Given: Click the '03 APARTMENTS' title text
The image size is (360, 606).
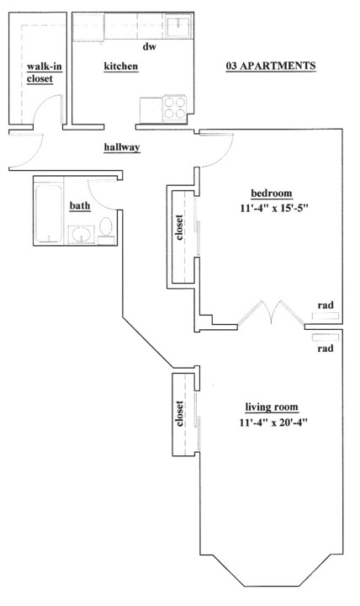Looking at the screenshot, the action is [271, 66].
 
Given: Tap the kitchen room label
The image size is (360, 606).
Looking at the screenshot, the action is [121, 66].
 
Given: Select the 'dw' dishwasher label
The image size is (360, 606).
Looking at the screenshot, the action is [150, 47].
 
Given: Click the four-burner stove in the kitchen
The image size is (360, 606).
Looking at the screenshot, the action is [175, 108].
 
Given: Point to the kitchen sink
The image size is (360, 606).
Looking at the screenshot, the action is [177, 25].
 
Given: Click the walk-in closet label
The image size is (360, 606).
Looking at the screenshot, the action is [44, 72].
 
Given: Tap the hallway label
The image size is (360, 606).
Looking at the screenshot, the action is [122, 147].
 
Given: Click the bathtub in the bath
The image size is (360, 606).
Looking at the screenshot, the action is [49, 213].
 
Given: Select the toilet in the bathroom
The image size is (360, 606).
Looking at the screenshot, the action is [106, 228].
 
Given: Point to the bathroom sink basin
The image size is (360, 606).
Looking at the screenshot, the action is [82, 234].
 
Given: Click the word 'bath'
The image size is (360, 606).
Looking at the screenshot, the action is [80, 205].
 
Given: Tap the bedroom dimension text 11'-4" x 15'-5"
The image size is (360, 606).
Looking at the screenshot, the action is [275, 209].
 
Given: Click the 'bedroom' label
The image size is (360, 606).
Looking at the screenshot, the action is [272, 194].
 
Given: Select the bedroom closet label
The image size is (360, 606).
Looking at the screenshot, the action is [179, 227].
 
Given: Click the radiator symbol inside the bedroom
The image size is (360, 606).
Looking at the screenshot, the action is [326, 316].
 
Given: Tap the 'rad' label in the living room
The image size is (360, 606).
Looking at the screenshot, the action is [326, 348].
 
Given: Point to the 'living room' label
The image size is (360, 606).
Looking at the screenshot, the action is [272, 407].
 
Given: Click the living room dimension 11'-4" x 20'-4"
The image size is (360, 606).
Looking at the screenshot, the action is [273, 423].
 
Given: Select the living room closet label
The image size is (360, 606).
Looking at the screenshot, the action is [179, 413].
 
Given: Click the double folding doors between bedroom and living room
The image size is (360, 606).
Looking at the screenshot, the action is [271, 312].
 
